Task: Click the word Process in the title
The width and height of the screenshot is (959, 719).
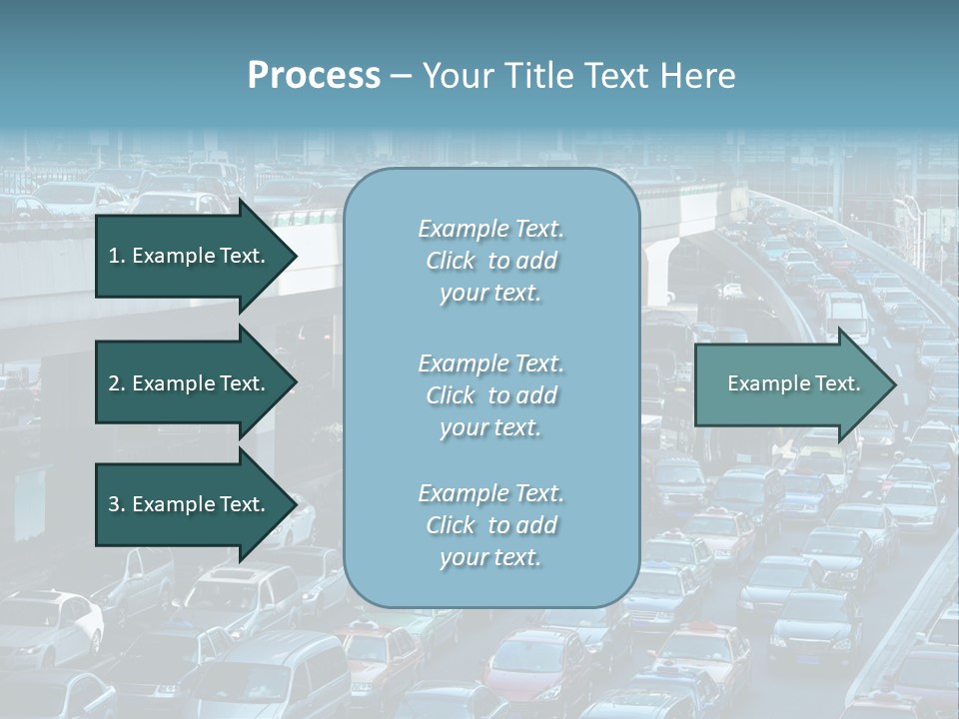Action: [x=314, y=76]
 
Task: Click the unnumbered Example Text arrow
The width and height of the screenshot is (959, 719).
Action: [x=789, y=383]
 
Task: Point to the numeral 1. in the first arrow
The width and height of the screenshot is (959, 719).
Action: [x=116, y=256]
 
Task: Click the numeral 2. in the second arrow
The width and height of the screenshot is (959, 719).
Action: [x=116, y=383]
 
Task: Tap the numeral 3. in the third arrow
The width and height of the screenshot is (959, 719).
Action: [x=116, y=504]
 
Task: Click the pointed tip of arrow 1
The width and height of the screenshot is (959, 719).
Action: [x=294, y=256]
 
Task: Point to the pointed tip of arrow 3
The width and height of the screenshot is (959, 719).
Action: [x=294, y=504]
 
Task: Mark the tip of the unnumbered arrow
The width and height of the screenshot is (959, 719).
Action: [x=894, y=383]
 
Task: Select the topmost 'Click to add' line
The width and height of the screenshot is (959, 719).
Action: [x=491, y=261]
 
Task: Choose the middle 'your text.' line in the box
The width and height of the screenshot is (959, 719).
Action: [x=491, y=427]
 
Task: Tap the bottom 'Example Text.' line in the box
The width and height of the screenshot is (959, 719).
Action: [x=491, y=493]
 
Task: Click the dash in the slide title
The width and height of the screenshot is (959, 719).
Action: [x=401, y=76]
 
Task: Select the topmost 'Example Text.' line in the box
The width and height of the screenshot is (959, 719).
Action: [x=491, y=229]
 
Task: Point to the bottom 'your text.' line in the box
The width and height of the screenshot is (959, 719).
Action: [x=491, y=557]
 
